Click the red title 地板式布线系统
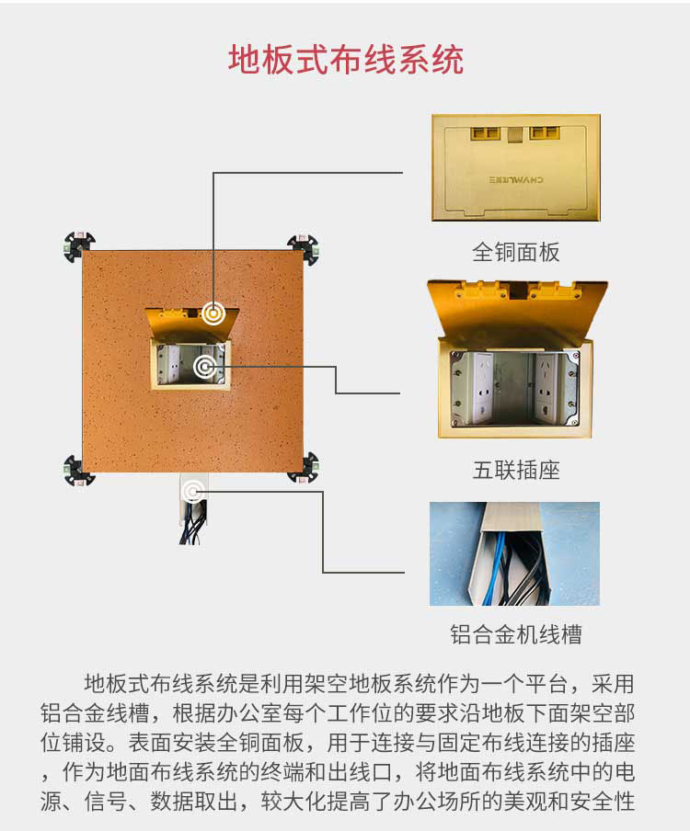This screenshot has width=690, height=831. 346,60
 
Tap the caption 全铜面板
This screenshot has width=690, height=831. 515,252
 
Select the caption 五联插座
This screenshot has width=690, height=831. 516,470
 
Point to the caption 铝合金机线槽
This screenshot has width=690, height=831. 516,634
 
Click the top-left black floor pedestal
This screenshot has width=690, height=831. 79,246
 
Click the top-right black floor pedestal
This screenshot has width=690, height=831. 304,248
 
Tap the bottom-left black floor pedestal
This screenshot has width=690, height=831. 79,470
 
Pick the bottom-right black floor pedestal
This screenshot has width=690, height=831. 305,467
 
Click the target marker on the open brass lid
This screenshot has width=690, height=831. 213,313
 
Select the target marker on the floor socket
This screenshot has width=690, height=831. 205,367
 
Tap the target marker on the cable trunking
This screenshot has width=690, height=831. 193,492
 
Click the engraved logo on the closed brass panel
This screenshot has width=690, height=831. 515,179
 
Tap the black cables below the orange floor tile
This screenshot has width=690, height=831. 193,524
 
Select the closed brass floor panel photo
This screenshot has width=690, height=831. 516,167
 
